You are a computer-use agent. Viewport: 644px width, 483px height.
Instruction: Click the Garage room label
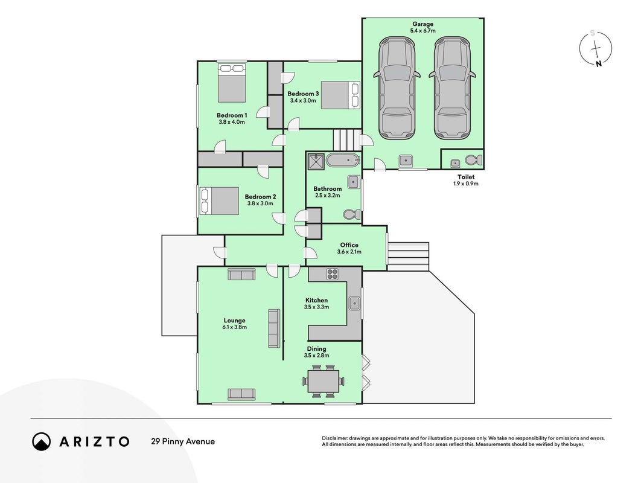[x=422, y=24]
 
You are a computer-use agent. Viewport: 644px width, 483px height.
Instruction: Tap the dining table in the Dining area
[x=324, y=382]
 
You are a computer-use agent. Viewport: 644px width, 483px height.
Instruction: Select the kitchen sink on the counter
[x=354, y=303]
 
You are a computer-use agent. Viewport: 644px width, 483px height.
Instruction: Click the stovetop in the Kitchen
[x=332, y=274]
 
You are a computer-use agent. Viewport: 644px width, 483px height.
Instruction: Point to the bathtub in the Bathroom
[x=343, y=160]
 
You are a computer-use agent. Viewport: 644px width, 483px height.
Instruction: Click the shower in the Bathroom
[x=316, y=161]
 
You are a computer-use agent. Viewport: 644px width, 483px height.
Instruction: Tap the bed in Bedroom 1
[x=232, y=83]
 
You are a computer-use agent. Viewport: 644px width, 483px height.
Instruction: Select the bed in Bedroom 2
[x=219, y=201]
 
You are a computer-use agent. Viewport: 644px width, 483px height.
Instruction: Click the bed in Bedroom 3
[x=340, y=95]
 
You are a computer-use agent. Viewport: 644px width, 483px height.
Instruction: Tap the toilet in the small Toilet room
[x=474, y=159]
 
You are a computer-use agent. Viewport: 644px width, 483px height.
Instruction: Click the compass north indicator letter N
[x=599, y=63]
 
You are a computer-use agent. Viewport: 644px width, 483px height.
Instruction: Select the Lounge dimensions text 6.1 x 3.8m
[x=235, y=327]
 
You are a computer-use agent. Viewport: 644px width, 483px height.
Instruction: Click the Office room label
[x=349, y=245]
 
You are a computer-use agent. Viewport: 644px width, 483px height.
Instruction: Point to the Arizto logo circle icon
[x=42, y=441]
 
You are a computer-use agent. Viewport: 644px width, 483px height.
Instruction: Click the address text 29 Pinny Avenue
[x=183, y=441]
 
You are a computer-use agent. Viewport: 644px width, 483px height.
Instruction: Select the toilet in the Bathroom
[x=352, y=214]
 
